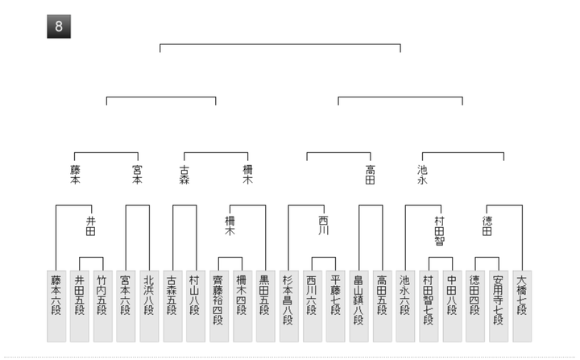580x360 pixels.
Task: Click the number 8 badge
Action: [59, 27]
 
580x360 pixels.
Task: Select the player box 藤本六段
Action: [56, 306]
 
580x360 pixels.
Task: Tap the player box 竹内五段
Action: [102, 306]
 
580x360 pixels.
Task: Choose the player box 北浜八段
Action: [149, 306]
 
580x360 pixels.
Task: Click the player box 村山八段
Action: [196, 306]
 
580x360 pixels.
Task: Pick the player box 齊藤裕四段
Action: [219, 306]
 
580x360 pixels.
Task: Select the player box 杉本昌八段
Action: [289, 306]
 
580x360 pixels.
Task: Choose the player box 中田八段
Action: [452, 306]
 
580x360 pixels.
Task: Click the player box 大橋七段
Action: [522, 306]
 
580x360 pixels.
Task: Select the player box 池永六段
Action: [405, 306]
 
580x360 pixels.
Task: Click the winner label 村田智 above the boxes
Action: [439, 230]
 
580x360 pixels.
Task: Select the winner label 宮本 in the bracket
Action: [138, 175]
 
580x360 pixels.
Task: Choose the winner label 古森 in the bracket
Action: [184, 175]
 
